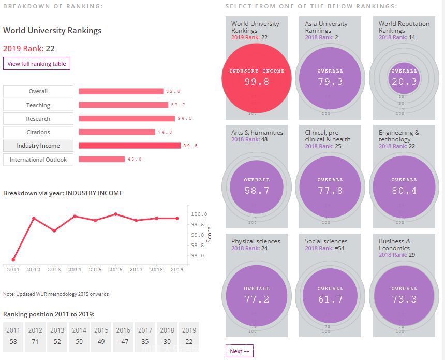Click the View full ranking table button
click(36, 64)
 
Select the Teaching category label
click(38, 105)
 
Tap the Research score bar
click(127, 119)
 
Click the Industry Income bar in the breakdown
click(129, 146)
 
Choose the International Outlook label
click(38, 160)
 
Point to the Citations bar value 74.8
click(165, 132)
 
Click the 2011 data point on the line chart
click(13, 260)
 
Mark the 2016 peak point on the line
click(115, 214)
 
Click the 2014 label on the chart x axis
click(75, 270)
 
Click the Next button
click(239, 351)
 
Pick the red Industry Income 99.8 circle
click(257, 77)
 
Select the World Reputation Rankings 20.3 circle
click(404, 77)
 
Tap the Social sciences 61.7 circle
click(331, 294)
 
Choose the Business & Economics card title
click(395, 244)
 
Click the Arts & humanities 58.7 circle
click(257, 185)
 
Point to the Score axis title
click(209, 234)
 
